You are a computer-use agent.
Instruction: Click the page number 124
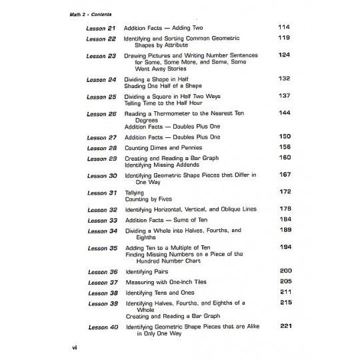283,55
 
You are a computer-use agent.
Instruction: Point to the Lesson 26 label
101,113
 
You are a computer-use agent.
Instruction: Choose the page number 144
283,113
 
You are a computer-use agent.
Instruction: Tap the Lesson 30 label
101,176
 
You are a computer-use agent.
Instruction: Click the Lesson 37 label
101,283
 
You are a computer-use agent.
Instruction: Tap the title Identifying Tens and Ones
163,293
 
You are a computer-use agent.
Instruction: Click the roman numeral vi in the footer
75,349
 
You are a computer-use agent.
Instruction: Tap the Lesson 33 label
101,220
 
